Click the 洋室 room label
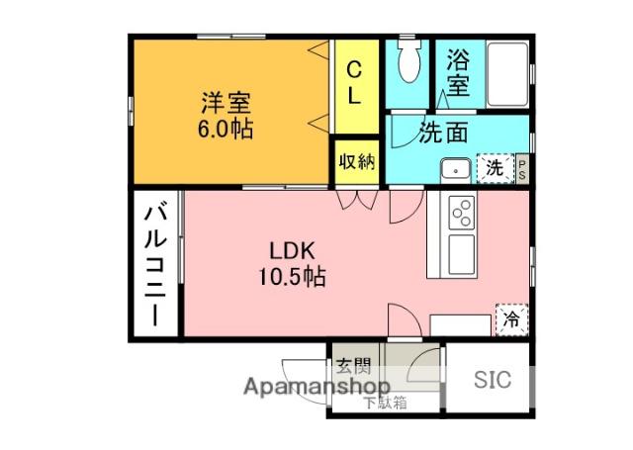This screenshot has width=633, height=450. [x=226, y=102]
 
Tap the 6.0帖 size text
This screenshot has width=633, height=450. [x=226, y=129]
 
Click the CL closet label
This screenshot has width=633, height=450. [x=354, y=83]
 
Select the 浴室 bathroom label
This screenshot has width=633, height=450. [x=458, y=72]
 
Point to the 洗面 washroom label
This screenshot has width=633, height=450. [x=442, y=132]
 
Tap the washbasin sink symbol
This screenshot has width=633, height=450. [x=456, y=169]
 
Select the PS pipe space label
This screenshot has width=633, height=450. [x=522, y=169]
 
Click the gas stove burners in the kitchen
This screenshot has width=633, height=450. [x=463, y=211]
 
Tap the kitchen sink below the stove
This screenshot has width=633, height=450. [x=462, y=253]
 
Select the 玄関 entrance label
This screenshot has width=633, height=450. [x=352, y=365]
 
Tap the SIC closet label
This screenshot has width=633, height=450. [x=492, y=379]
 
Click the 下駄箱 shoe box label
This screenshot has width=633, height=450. [x=384, y=403]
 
